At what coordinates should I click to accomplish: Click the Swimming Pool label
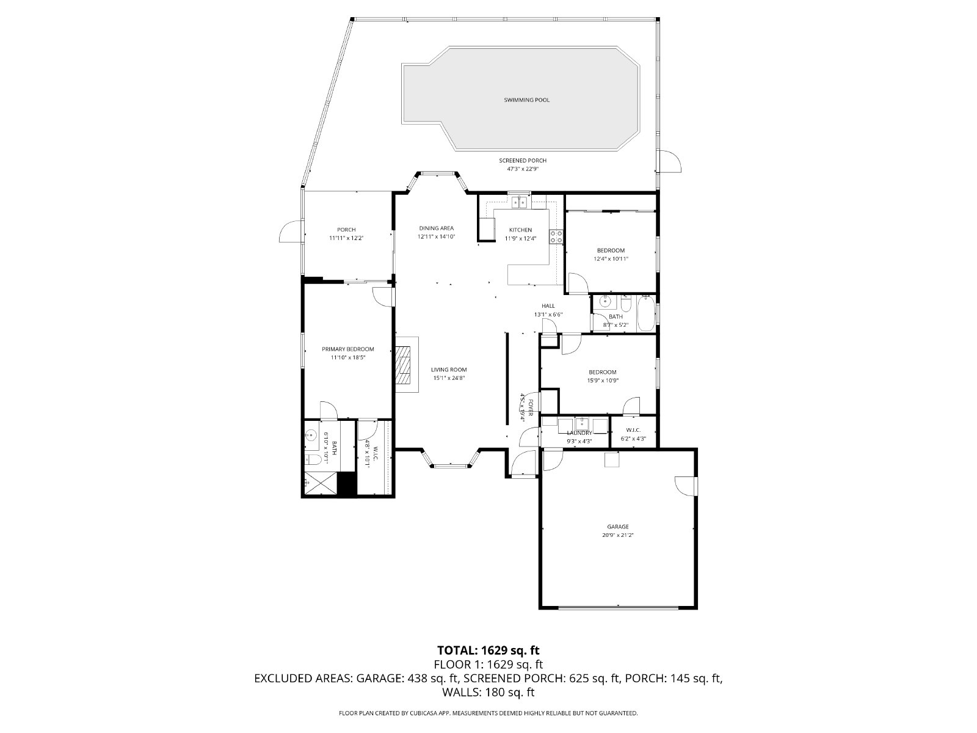point(526,100)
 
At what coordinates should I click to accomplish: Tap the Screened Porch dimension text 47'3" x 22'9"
point(523,169)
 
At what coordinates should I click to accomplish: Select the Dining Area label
point(436,228)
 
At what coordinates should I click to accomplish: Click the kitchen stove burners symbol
point(556,236)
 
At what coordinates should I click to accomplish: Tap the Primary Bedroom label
point(347,349)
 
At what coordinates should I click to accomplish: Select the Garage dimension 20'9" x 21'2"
point(618,535)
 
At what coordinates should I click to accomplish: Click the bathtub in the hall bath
point(646,314)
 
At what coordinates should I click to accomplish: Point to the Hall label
point(548,306)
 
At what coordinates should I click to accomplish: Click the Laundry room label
point(579,433)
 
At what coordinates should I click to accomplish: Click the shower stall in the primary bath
point(319,483)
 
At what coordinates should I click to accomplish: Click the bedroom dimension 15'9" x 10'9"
point(603,381)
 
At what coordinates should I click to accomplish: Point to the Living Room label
point(449,370)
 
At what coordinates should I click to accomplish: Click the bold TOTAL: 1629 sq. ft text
point(488,650)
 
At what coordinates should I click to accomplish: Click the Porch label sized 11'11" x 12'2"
point(346,230)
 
